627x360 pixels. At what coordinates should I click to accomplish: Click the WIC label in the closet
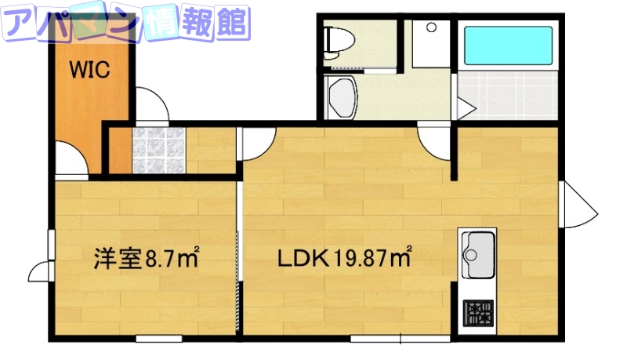click(92, 70)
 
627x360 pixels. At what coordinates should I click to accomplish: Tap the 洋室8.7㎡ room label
click(146, 258)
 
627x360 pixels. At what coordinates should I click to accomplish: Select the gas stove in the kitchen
click(477, 313)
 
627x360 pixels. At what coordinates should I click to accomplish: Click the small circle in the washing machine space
click(429, 27)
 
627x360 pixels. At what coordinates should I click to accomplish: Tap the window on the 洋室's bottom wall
click(158, 339)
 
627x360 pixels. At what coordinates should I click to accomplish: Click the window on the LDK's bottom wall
click(400, 339)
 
